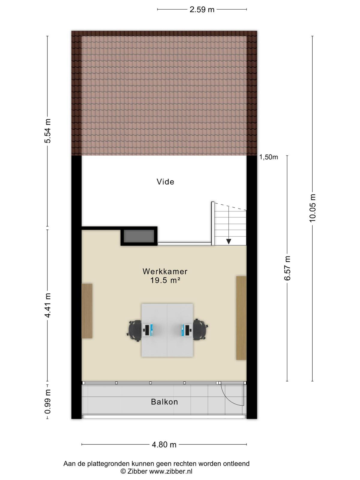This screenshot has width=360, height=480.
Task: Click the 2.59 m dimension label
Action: coord(202,10)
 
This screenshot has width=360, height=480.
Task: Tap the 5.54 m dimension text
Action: coord(47,131)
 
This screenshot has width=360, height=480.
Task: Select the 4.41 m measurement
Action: coord(47,305)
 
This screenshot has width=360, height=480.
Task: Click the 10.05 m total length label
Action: coord(313,208)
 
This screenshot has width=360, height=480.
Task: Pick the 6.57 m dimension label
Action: coord(287,268)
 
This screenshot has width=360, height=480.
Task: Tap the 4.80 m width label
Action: coord(164,445)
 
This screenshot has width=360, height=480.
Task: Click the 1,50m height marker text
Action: coord(268,157)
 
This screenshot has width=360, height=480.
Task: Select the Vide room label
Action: coord(166,182)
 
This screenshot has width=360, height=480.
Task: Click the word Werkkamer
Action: coord(165,271)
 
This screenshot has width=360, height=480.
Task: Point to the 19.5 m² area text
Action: coord(165,280)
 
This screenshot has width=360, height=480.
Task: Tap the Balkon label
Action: coord(164,402)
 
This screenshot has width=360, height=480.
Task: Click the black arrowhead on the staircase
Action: coord(229,241)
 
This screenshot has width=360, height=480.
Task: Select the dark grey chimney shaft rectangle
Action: coord(139,236)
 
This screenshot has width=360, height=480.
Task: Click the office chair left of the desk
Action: coord(135,330)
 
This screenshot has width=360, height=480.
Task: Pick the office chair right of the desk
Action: coord(200,329)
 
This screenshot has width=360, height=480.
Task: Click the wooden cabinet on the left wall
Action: coord(87,311)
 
